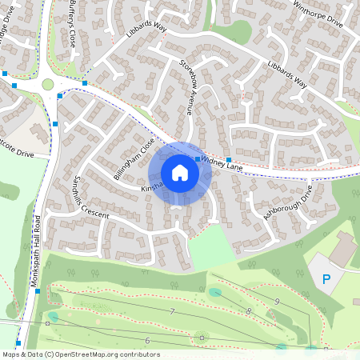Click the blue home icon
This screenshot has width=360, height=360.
click(x=180, y=173)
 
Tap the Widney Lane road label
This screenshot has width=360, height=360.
click(x=222, y=163)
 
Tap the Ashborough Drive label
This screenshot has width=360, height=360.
click(x=287, y=205)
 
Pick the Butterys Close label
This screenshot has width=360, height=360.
click(x=74, y=24)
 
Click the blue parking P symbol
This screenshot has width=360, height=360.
click(x=326, y=279)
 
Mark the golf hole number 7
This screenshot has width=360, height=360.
click(x=171, y=310)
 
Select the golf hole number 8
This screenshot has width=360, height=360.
click(x=249, y=310)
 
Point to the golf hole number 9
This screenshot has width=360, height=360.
click(x=276, y=300)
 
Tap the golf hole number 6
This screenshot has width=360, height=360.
click(x=147, y=341)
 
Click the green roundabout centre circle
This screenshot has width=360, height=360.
click(x=48, y=84)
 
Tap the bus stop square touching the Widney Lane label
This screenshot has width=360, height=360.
click(x=198, y=160)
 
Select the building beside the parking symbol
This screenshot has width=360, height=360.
click(x=344, y=250)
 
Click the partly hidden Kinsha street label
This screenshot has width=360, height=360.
click(x=151, y=186)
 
